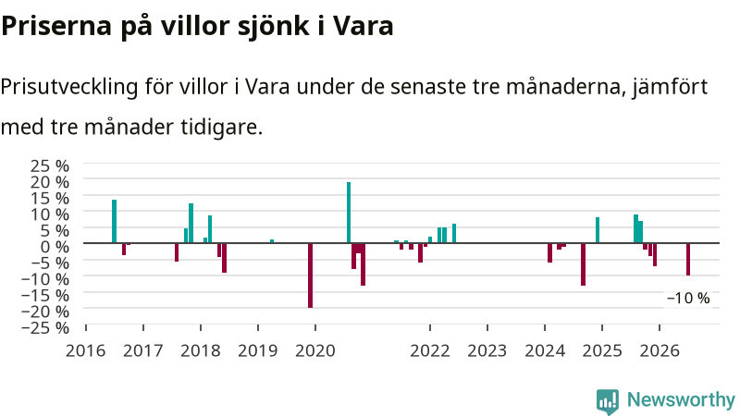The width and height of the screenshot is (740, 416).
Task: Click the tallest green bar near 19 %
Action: point(349,213)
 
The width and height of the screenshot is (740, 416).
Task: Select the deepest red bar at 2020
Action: point(310,275)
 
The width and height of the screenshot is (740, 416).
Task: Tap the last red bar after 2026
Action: point(688,259)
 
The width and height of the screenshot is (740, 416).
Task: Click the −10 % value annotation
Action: point(688,298)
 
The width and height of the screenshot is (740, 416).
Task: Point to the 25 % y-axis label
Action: point(50,166)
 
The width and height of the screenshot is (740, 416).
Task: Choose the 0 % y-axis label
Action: point(55,246)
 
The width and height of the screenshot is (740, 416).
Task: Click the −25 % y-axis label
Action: point(45,327)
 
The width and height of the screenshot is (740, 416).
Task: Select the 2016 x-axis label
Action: point(85,351)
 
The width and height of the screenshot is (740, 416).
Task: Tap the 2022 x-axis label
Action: point(430,351)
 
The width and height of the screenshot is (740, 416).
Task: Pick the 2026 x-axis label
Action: point(660,351)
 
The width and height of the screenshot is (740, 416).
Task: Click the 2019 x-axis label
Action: point(258,351)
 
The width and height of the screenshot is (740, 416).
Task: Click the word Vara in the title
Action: point(363,26)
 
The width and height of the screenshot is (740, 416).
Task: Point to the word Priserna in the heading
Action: point(56,27)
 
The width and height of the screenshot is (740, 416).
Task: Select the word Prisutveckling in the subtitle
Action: point(68,87)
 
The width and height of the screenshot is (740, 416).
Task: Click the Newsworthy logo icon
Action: point(608,401)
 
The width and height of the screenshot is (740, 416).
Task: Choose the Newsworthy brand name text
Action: point(681,400)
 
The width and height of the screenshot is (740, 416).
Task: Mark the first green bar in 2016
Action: point(114,221)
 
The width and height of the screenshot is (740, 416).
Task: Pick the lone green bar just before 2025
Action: point(598,230)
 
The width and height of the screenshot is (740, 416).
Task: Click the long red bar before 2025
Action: point(584,264)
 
